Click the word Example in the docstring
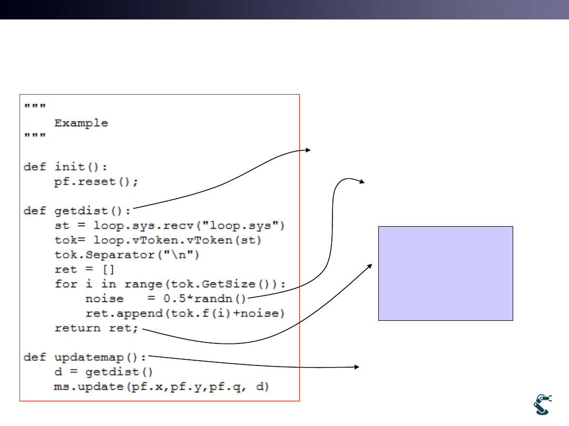[x=81, y=123]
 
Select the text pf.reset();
[x=96, y=181]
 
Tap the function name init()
[x=81, y=167]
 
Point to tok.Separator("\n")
[x=126, y=255]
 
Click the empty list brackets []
[x=109, y=269]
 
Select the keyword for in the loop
[x=66, y=283]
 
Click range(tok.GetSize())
[x=201, y=284]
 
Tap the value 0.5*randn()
[x=204, y=299]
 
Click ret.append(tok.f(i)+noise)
[x=185, y=313]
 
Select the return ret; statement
[x=96, y=328]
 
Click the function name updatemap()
[x=100, y=358]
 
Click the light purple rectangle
[x=446, y=273]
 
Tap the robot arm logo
[x=543, y=404]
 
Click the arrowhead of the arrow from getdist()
[x=308, y=150]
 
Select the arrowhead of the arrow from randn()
[x=362, y=181]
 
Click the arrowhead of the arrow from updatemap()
[x=357, y=367]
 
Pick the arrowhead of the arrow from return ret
[x=370, y=266]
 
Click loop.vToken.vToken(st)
[x=178, y=240]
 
